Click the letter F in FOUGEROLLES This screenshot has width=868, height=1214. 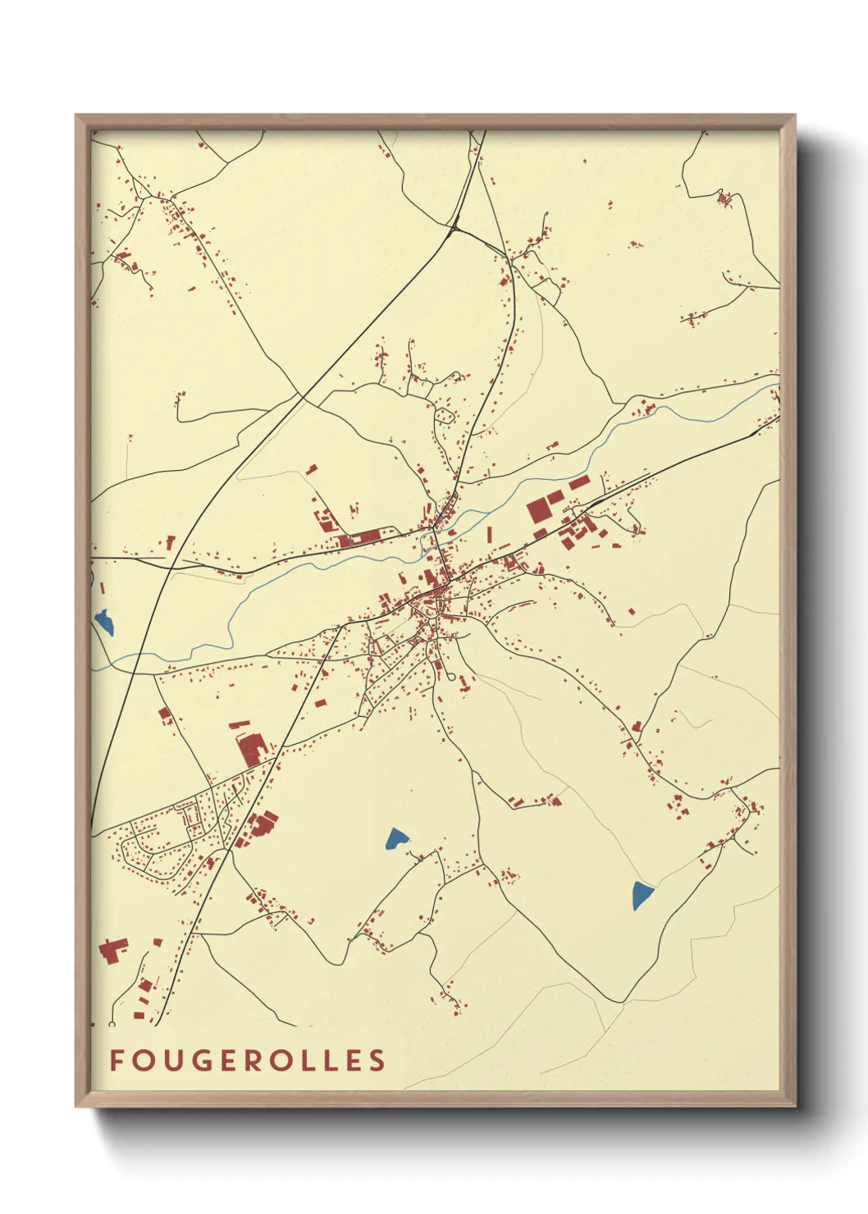coord(116,1061)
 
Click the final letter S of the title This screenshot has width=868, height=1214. coord(377,1061)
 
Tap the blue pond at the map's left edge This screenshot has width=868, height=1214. coord(104,623)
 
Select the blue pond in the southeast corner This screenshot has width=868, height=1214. coord(642,895)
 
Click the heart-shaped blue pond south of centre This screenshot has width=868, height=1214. coord(396,838)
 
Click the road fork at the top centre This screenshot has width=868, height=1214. coord(454,228)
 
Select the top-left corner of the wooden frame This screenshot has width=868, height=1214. coord(76,116)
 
